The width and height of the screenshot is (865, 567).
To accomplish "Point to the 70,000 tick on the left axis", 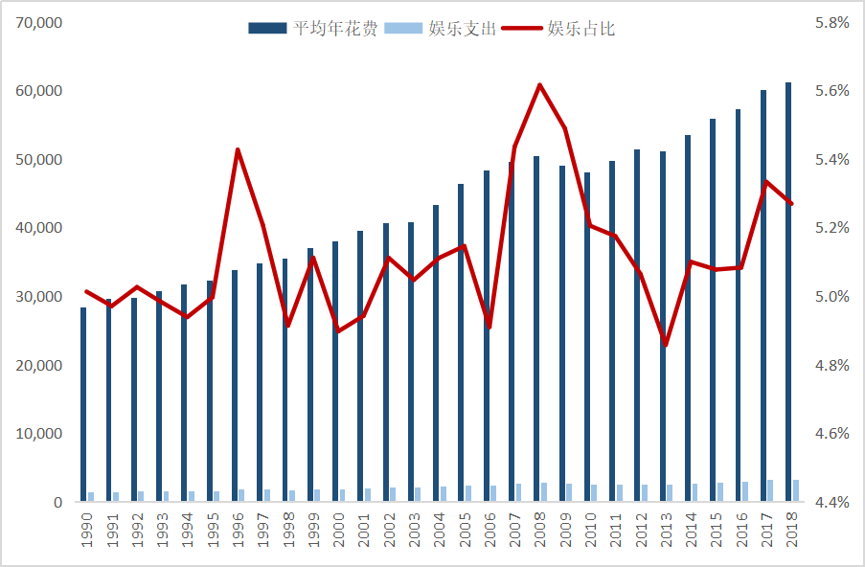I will (x=39, y=22).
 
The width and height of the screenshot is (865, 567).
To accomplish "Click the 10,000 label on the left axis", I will (x=39, y=434).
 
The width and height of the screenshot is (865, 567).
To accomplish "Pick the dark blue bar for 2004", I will (x=436, y=353).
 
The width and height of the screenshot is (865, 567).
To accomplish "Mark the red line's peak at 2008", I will (x=539, y=84).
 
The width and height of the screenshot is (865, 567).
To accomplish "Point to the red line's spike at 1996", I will (x=238, y=149).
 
